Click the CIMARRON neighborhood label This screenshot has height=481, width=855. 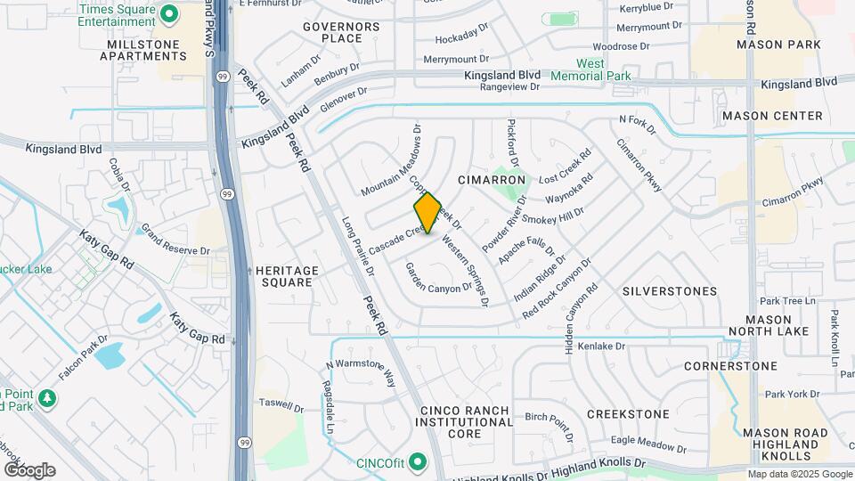[x=492, y=180]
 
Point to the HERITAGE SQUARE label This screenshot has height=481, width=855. [x=284, y=276]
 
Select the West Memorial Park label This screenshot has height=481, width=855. [x=603, y=70]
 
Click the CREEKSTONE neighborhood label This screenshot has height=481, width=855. [x=628, y=414]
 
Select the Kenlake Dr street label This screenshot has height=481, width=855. [x=603, y=346]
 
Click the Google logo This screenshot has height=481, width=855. [x=29, y=470]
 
